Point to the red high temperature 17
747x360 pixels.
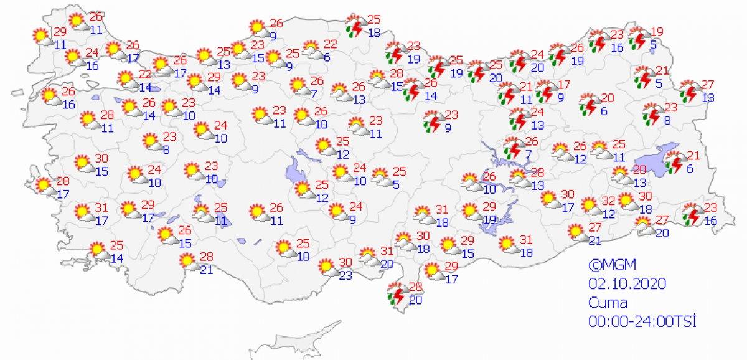click(x=565, y=85)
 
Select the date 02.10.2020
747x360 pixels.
click(x=627, y=283)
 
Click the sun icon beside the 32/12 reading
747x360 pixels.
click(x=588, y=205)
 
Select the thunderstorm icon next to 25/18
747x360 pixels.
click(x=355, y=26)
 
